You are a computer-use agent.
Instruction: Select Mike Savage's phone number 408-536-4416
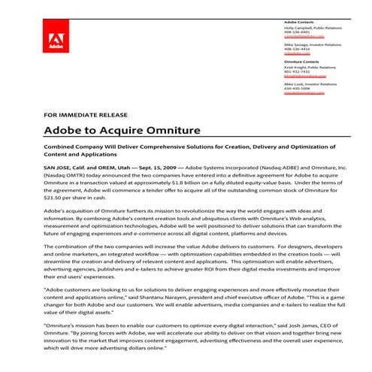coord(295,49)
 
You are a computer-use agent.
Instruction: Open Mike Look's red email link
coord(299,92)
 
